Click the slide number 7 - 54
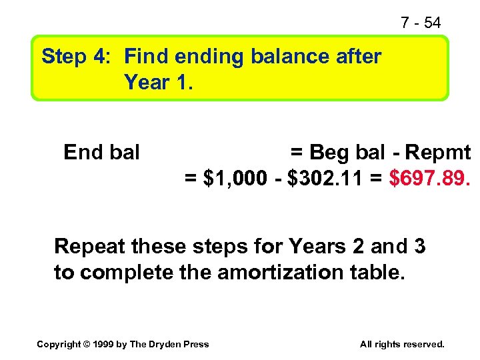click(x=421, y=23)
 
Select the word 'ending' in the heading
click(x=207, y=57)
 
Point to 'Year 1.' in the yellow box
click(x=158, y=83)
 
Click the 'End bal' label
click(x=101, y=153)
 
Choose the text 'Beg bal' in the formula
click(x=347, y=153)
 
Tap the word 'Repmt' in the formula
click(x=437, y=153)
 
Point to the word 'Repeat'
click(x=90, y=247)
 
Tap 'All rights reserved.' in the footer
click(x=402, y=344)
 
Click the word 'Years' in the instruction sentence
click(x=317, y=247)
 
